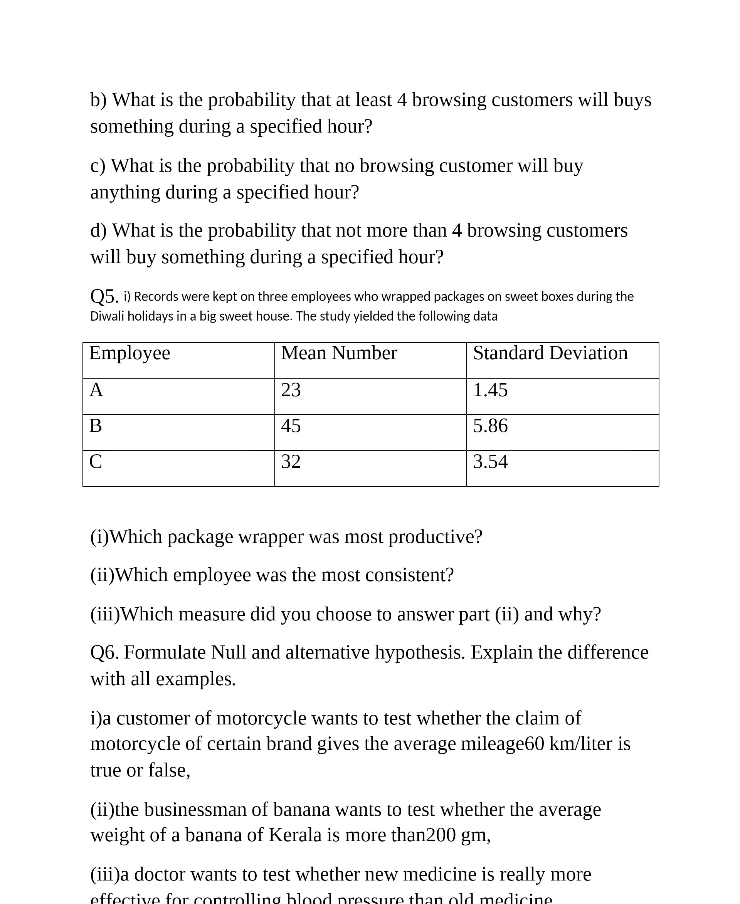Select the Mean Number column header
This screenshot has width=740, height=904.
point(339,353)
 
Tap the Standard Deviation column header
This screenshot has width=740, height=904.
point(550,353)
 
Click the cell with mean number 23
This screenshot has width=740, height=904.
point(291,390)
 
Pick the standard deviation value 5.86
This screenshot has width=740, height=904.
point(490,426)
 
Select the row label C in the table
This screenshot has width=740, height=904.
point(96,462)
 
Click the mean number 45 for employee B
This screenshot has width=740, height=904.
point(291,426)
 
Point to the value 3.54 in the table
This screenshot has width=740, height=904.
point(490,462)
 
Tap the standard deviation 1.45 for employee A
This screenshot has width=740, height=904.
point(490,390)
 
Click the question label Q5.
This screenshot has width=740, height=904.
point(104,296)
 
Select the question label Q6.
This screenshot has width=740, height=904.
point(104,652)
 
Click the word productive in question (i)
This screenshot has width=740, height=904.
point(435,537)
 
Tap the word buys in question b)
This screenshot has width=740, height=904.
point(632,100)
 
